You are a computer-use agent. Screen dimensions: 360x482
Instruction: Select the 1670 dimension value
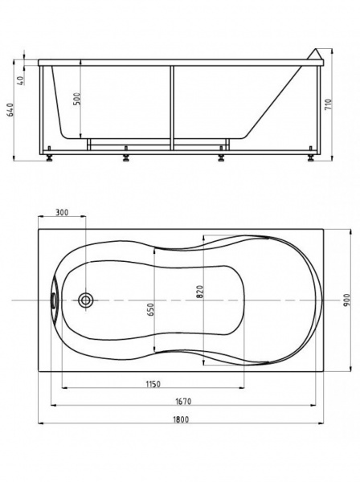(183, 401)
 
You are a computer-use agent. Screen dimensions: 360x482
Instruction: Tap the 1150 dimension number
(153, 384)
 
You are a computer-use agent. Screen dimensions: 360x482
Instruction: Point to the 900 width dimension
(347, 300)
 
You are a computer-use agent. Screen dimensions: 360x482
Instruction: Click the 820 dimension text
(200, 292)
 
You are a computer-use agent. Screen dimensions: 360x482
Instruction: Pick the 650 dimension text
(150, 309)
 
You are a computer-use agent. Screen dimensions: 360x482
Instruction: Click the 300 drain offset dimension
(62, 212)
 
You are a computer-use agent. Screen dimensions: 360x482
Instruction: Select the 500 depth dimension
(77, 99)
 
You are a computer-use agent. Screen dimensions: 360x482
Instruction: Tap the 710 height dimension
(328, 104)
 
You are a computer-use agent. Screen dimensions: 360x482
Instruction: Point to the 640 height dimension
(10, 110)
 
